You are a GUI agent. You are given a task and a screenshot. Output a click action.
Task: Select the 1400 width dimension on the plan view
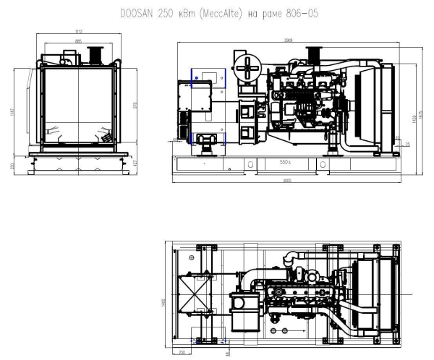tap(164, 296)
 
